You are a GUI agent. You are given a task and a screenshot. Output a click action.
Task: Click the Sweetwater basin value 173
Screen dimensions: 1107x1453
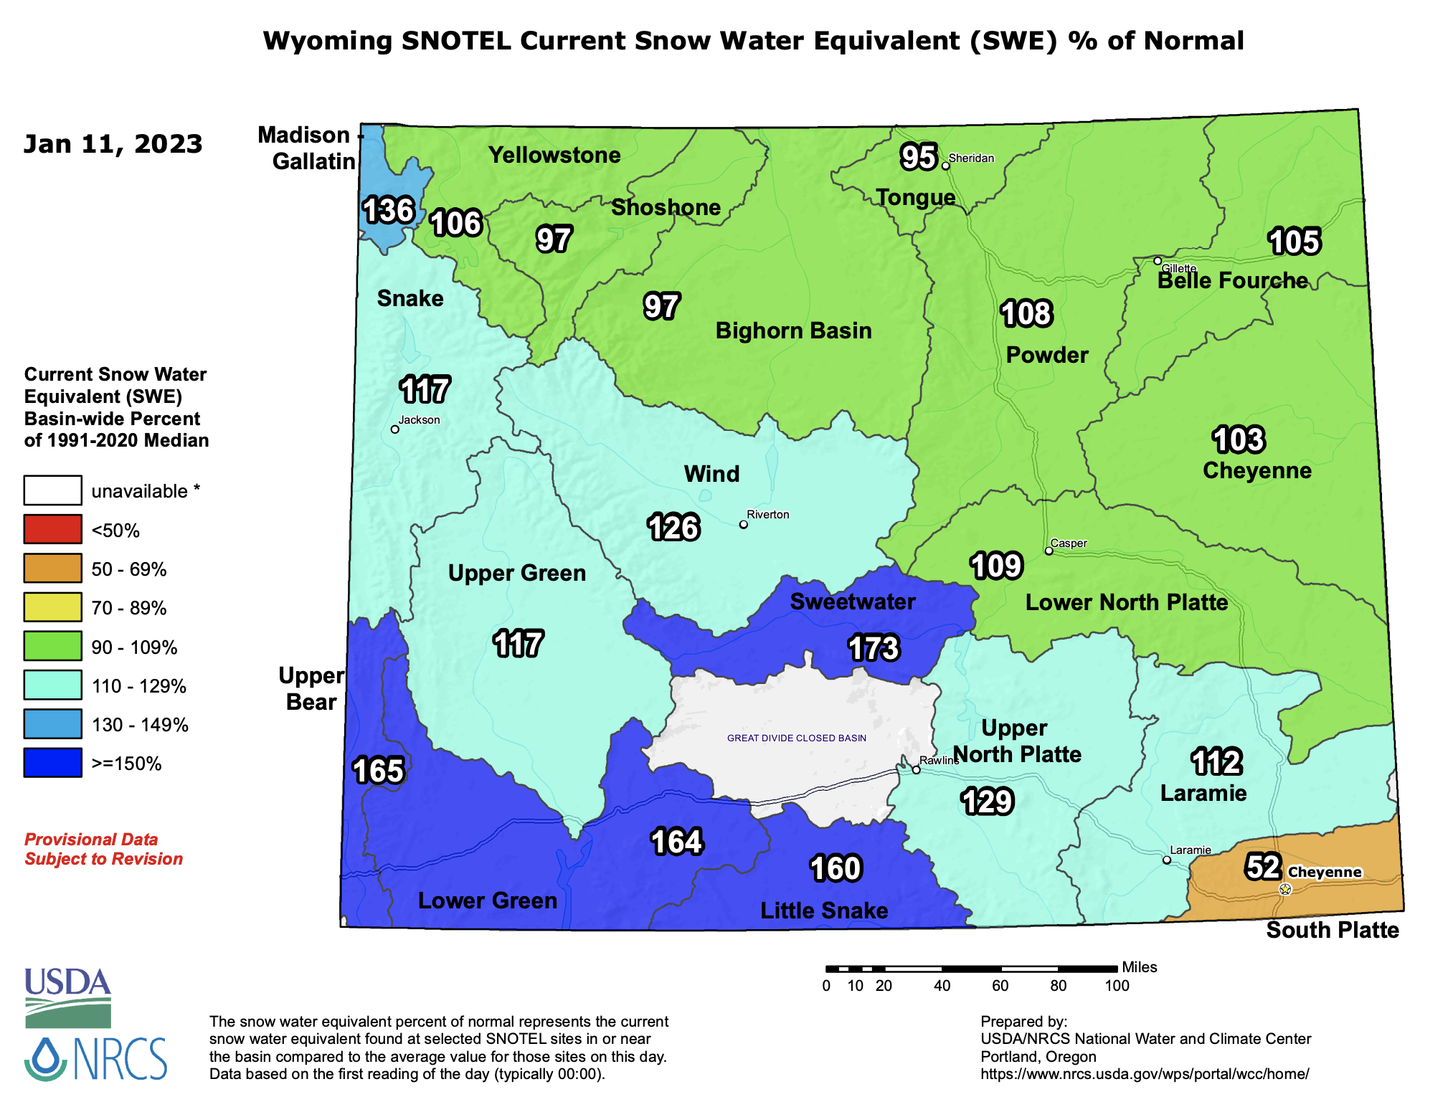tap(873, 648)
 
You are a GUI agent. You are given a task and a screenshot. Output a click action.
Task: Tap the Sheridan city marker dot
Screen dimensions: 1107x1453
tap(945, 166)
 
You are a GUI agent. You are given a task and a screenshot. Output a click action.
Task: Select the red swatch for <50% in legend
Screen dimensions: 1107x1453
tap(52, 530)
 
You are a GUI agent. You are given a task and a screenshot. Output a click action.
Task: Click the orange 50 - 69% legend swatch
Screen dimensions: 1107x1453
tap(52, 569)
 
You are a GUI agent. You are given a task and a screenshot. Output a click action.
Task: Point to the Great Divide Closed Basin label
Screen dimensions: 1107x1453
tap(796, 738)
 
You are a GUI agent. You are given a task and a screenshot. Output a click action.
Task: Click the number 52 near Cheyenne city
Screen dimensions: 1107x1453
tap(1262, 867)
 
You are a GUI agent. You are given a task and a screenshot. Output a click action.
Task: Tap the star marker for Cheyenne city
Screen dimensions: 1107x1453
tap(1285, 889)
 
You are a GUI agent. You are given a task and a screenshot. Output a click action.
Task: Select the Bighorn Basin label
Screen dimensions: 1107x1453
tap(793, 331)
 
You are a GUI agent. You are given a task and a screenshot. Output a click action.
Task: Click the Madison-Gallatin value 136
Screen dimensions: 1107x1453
tap(388, 210)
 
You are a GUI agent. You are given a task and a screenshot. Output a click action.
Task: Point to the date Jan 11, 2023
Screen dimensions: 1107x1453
tap(113, 144)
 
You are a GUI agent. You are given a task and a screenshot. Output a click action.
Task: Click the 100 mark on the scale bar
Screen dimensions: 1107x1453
tap(1117, 986)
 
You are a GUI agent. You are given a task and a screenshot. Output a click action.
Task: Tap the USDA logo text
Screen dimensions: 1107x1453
tap(67, 982)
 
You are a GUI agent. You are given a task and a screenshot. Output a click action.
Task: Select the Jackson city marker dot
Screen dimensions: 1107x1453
tap(394, 429)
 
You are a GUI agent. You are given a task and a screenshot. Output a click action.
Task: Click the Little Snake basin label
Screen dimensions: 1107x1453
tap(824, 911)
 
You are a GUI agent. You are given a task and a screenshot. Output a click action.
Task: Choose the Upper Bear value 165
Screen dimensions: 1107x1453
tap(379, 771)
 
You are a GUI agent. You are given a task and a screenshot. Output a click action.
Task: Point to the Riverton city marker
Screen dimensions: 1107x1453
tap(743, 525)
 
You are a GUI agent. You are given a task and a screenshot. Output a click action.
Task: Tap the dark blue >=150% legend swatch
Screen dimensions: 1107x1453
tap(52, 763)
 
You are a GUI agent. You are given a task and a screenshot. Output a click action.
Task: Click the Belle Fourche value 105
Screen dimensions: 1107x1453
tap(1294, 242)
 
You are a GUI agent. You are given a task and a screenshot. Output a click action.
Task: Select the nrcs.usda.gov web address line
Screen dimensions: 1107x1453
tap(1145, 1074)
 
